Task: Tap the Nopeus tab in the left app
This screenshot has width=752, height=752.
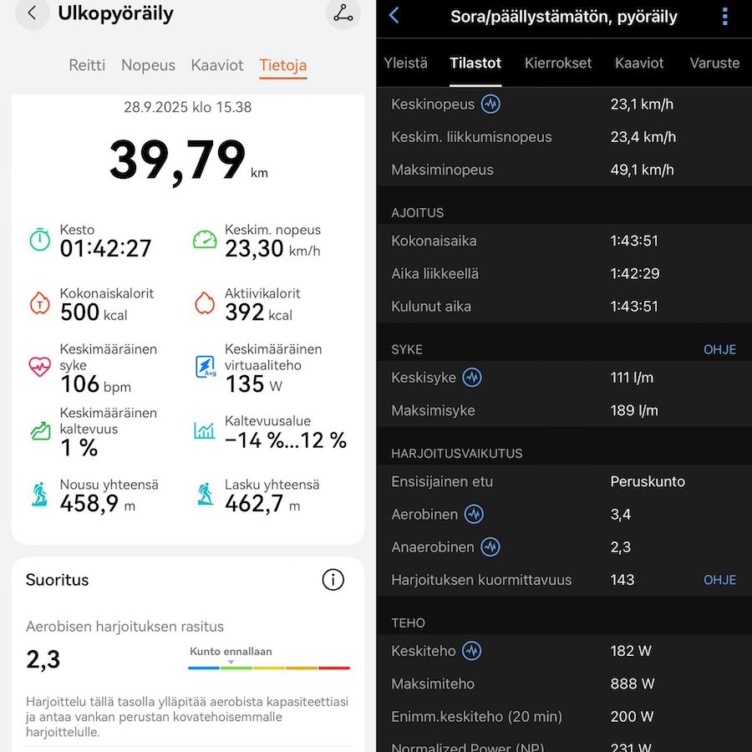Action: click(148, 65)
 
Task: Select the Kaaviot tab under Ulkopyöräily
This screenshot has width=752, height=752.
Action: click(217, 65)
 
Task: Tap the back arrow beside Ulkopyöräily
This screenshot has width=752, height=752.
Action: click(32, 13)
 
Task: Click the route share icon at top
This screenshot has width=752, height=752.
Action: click(343, 13)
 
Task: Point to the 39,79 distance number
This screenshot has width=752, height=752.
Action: click(178, 160)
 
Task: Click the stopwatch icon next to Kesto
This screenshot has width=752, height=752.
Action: click(40, 240)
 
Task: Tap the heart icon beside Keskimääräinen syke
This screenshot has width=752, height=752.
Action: click(40, 367)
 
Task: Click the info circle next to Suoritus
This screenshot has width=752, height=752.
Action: click(333, 580)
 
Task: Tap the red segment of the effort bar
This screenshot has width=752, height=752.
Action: click(334, 668)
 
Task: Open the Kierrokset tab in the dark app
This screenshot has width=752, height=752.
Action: click(557, 63)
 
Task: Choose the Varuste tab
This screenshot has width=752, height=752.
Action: click(714, 63)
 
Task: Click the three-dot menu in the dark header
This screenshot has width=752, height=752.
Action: click(724, 17)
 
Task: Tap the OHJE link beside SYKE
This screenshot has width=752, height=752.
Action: click(719, 349)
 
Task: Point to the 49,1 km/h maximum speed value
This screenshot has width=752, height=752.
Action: click(642, 170)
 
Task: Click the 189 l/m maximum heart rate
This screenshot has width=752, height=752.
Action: click(634, 410)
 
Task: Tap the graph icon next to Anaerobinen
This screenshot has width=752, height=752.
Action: click(490, 547)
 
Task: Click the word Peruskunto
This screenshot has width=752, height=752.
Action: click(648, 481)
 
